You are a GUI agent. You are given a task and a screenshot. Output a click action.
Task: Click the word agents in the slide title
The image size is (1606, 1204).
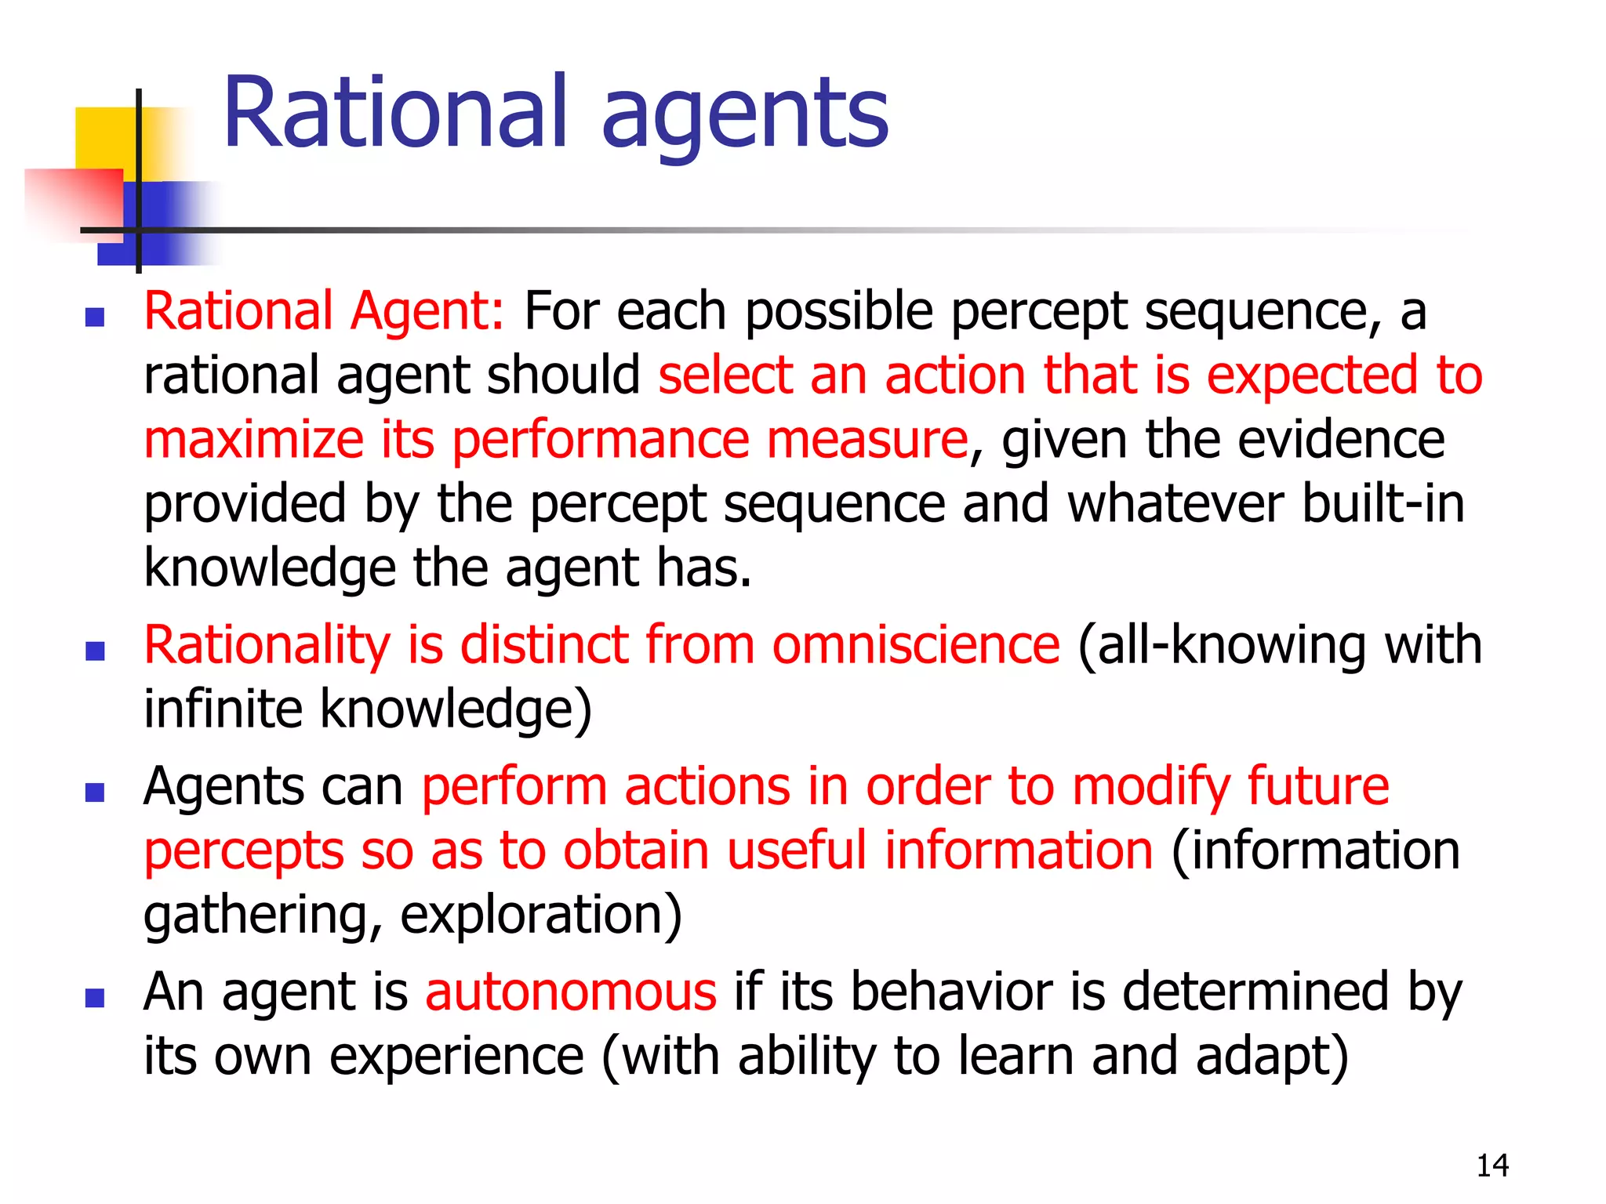745,118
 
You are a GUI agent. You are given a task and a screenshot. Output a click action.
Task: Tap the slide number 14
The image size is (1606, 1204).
1492,1166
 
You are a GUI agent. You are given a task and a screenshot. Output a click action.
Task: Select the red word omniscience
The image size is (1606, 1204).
916,645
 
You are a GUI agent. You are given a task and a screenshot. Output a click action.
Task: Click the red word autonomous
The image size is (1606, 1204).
571,992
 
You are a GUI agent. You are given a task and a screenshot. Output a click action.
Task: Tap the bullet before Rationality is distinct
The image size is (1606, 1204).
95,651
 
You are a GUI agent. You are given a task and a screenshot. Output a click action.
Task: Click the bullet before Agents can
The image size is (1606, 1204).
95,792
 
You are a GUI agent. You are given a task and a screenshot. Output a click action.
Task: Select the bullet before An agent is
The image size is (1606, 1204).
95,998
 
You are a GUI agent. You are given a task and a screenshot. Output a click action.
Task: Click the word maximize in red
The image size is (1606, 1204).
253,440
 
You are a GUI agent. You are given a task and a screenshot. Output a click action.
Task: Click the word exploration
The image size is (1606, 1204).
541,915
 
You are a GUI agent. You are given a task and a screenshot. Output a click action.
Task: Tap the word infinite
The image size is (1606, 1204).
223,709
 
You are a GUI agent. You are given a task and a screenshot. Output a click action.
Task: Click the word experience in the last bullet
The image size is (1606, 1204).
457,1057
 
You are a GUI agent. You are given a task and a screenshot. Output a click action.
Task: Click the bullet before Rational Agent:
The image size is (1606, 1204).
95,317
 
